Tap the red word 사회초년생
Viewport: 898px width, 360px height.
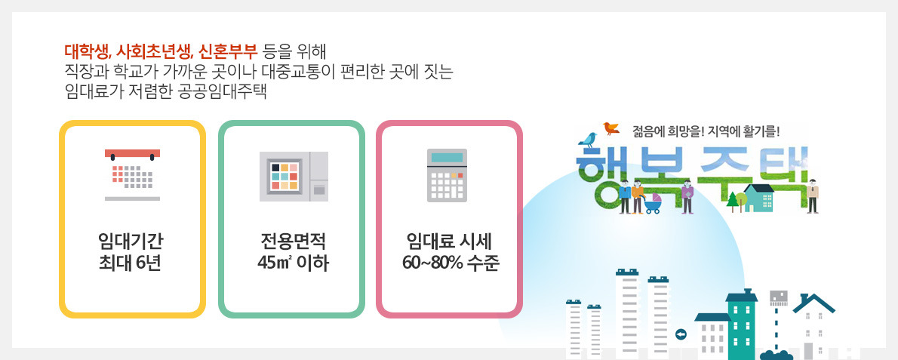pyautogui.click(x=153, y=53)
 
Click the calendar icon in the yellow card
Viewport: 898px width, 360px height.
pyautogui.click(x=132, y=174)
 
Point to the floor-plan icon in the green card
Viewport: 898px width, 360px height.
pyautogui.click(x=294, y=176)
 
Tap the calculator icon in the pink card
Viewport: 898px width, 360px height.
pyautogui.click(x=447, y=175)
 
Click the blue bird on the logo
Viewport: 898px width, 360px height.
pyautogui.click(x=588, y=137)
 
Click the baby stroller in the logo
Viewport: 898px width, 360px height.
pyautogui.click(x=653, y=204)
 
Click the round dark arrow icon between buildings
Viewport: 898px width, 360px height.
pyautogui.click(x=681, y=334)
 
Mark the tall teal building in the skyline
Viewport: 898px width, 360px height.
pyautogui.click(x=741, y=325)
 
